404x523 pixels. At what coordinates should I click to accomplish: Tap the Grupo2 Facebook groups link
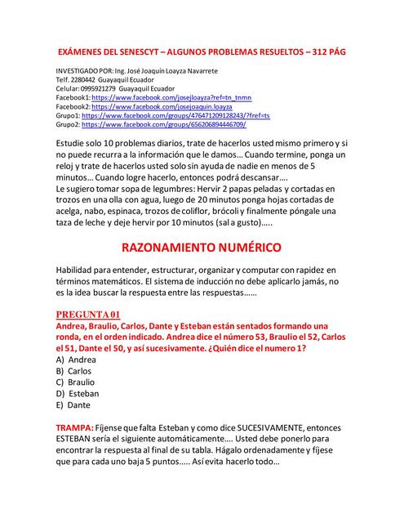click(x=163, y=125)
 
